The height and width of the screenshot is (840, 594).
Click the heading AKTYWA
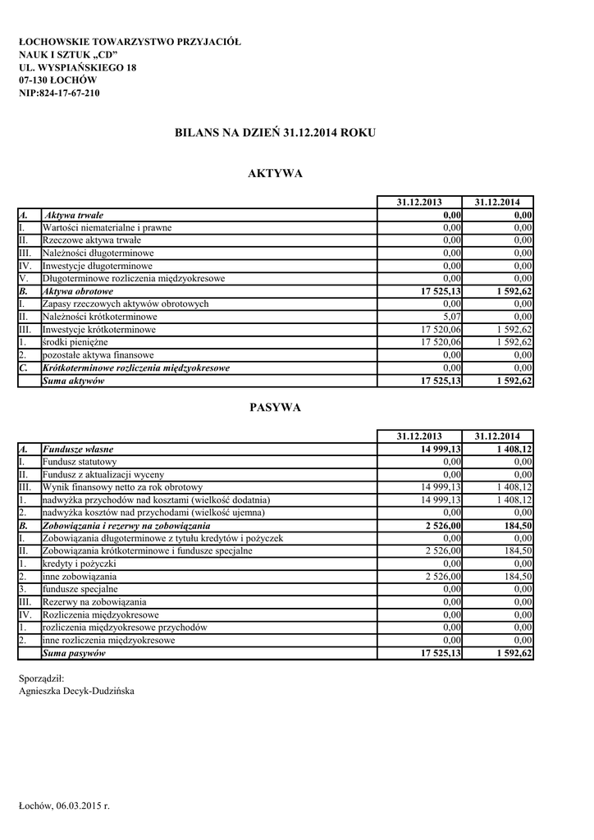(x=275, y=173)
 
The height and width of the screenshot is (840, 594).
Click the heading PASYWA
(x=275, y=408)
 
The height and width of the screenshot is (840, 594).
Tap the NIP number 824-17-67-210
(x=59, y=94)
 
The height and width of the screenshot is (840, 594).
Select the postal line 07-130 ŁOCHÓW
(x=57, y=80)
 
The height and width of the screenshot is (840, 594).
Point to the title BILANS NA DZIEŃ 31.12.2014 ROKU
(x=275, y=132)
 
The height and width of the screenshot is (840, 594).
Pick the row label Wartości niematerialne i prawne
(x=107, y=227)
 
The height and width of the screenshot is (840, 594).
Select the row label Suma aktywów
(x=73, y=381)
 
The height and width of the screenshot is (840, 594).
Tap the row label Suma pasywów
(x=74, y=654)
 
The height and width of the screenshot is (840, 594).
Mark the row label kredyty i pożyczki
(x=79, y=564)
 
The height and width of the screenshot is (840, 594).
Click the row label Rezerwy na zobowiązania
(x=94, y=602)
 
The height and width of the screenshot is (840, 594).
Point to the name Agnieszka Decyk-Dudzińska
(x=76, y=691)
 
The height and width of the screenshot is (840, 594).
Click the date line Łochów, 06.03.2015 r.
(x=64, y=806)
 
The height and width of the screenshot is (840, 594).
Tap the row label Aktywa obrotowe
(x=78, y=291)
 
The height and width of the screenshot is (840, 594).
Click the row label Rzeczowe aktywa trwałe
(x=91, y=240)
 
